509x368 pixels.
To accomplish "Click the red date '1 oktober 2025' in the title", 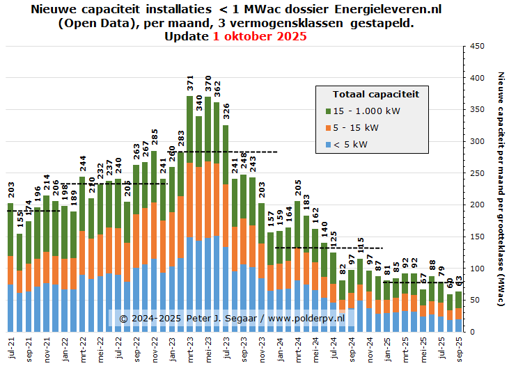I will [260, 37].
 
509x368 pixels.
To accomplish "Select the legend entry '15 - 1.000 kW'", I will [366, 111].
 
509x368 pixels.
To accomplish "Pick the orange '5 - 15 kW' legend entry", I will [355, 127].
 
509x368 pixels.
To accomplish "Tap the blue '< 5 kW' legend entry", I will [351, 144].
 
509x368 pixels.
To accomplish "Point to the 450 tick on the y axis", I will [478, 47].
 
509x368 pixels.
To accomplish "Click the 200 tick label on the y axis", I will [478, 205].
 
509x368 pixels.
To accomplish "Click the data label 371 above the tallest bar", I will [190, 83].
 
